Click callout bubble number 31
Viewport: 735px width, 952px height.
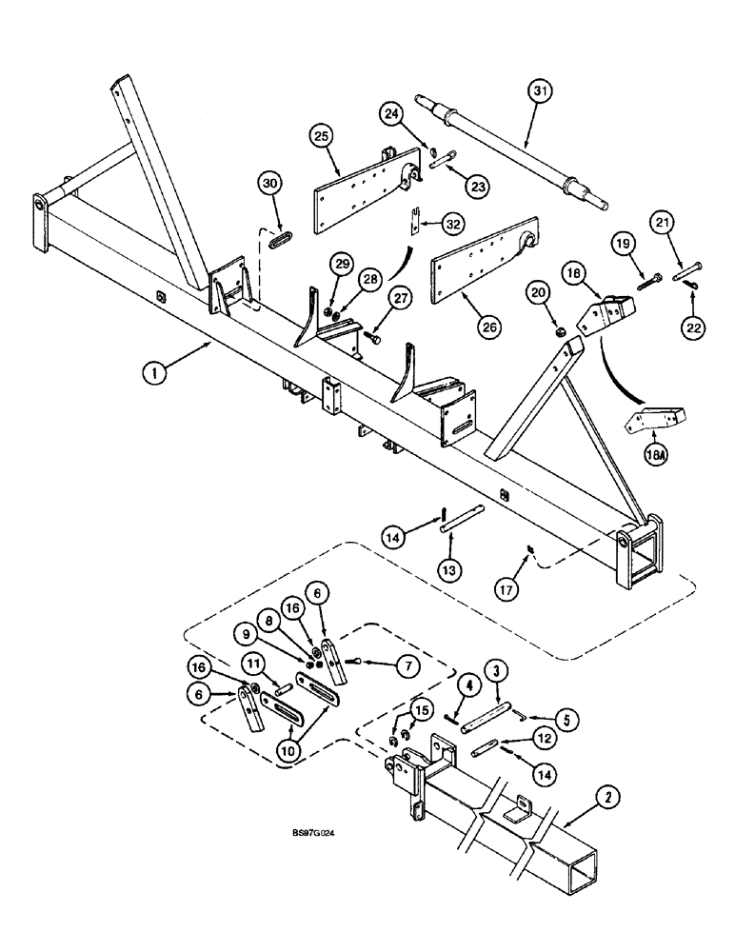540,91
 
